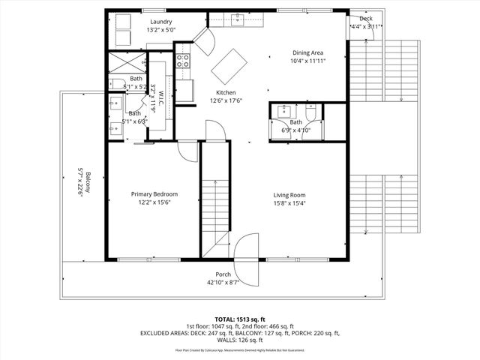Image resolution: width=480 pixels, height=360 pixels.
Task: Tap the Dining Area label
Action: click(307, 52)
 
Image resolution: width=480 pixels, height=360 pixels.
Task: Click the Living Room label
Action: click(289, 194)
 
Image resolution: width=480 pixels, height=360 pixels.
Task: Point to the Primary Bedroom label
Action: click(154, 193)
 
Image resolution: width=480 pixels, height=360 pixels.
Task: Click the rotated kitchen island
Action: click(229, 66)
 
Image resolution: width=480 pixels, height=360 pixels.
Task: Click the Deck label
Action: click(365, 19)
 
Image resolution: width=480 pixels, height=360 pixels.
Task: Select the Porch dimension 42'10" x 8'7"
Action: click(223, 282)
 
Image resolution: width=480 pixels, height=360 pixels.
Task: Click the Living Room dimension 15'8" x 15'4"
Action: click(289, 202)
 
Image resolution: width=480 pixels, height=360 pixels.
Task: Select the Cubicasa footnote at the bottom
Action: click(240, 350)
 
